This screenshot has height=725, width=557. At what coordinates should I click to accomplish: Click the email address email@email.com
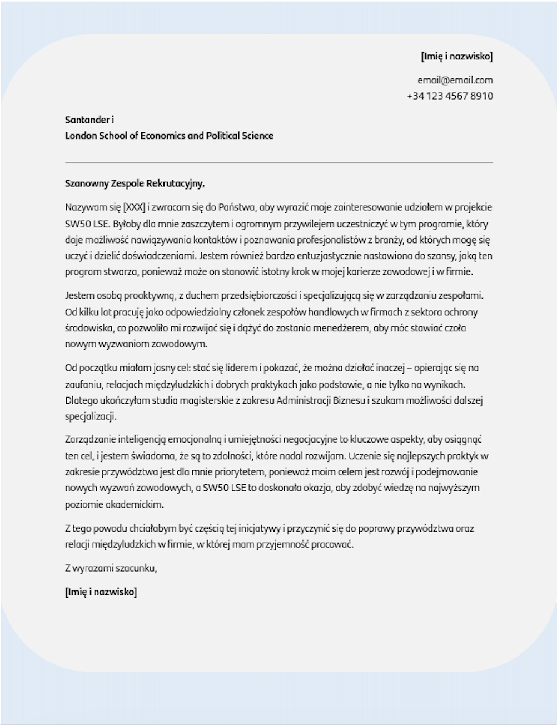[455, 80]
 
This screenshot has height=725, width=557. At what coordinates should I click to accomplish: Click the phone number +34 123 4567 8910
[449, 96]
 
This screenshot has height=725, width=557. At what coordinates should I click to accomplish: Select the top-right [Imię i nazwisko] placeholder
[456, 56]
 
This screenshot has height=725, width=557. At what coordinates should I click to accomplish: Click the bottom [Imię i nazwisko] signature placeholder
[101, 592]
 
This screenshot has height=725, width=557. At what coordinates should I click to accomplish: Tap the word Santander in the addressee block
[87, 120]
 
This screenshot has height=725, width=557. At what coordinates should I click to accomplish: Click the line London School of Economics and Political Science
[169, 136]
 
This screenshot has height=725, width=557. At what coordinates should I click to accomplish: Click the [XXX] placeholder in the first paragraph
[134, 207]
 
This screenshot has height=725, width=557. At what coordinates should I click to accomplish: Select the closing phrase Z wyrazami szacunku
[111, 568]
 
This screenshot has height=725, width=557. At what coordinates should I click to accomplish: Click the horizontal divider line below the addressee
[278, 162]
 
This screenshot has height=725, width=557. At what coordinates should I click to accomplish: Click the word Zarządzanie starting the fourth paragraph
[90, 439]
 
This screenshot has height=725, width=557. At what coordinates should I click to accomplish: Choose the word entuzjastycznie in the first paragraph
[341, 256]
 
